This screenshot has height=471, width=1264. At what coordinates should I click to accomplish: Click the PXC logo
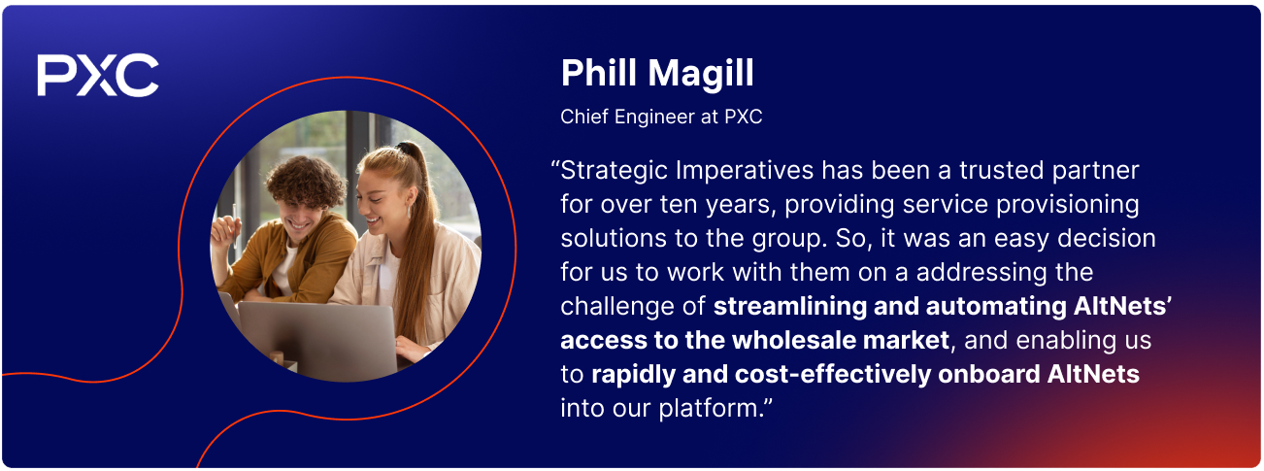coord(98,75)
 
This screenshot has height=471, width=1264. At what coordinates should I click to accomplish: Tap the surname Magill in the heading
coord(700,75)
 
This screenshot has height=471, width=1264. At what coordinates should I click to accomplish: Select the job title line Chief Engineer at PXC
coord(661,117)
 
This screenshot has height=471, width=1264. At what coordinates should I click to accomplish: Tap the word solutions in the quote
coord(614,238)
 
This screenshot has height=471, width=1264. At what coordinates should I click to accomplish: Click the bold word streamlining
coord(789,307)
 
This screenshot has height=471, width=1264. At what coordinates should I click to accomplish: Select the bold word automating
coord(996,307)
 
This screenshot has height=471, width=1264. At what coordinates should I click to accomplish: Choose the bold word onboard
coord(989,374)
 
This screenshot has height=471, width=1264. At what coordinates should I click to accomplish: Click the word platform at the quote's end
coord(709,408)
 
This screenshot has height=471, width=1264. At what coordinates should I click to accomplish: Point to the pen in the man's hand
coord(234,225)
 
